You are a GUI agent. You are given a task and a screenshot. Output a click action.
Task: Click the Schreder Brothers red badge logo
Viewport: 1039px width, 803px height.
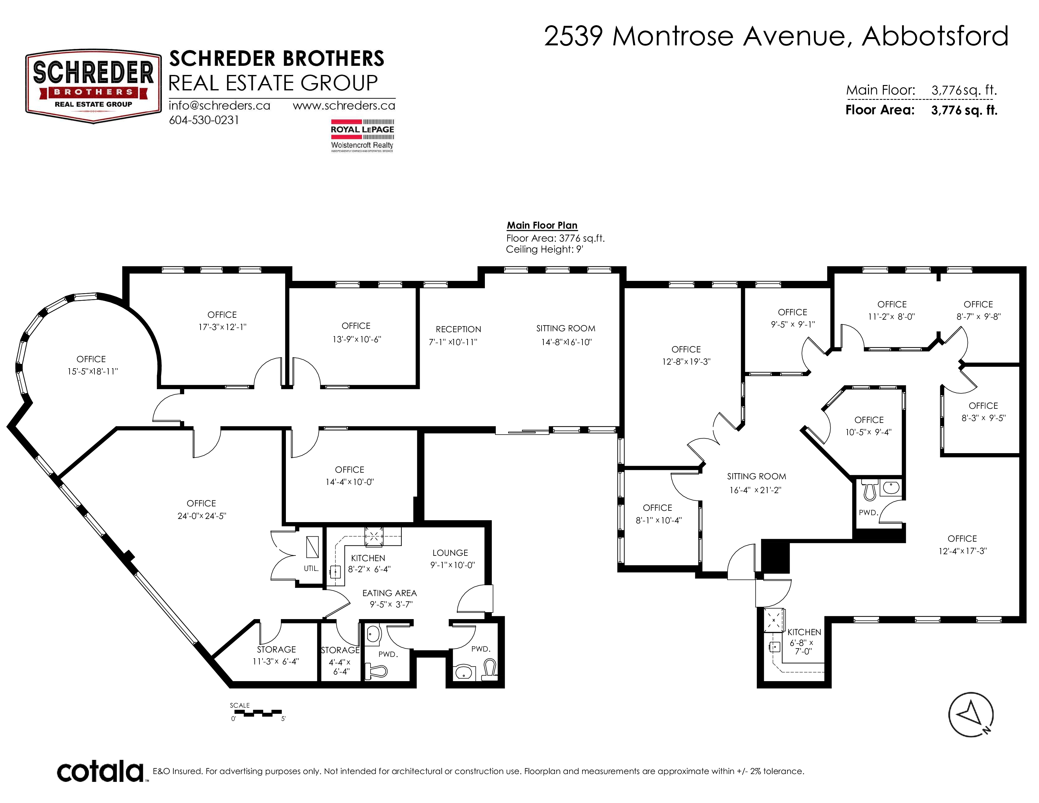93,87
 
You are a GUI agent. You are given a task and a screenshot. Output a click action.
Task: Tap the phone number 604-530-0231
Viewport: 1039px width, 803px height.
204,120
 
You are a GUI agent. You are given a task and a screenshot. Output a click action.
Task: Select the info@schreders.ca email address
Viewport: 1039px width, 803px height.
219,105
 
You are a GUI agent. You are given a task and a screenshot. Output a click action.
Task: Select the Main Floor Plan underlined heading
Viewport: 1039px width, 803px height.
542,225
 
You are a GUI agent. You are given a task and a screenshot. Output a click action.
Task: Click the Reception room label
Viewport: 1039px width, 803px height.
458,329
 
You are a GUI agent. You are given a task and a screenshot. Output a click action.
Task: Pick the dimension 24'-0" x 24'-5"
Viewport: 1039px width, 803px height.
202,516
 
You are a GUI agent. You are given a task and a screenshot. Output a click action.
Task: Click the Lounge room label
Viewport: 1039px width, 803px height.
450,553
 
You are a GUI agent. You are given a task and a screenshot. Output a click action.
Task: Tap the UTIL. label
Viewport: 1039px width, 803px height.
311,568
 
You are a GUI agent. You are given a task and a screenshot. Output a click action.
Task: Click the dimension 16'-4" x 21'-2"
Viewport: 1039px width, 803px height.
755,490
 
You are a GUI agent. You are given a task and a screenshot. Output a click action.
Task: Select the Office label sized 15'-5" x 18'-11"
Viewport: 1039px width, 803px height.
91,359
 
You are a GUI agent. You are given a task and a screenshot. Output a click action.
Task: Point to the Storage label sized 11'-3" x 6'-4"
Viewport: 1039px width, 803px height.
276,649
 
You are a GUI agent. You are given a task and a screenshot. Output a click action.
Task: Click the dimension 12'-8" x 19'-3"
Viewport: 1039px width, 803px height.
686,362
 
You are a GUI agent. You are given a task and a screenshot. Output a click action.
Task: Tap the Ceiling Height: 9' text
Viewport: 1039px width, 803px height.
544,249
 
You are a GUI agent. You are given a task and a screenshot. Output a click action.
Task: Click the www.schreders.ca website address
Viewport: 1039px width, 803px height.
344,105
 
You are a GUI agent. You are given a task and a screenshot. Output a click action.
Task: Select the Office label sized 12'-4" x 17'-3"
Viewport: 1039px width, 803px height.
962,538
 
